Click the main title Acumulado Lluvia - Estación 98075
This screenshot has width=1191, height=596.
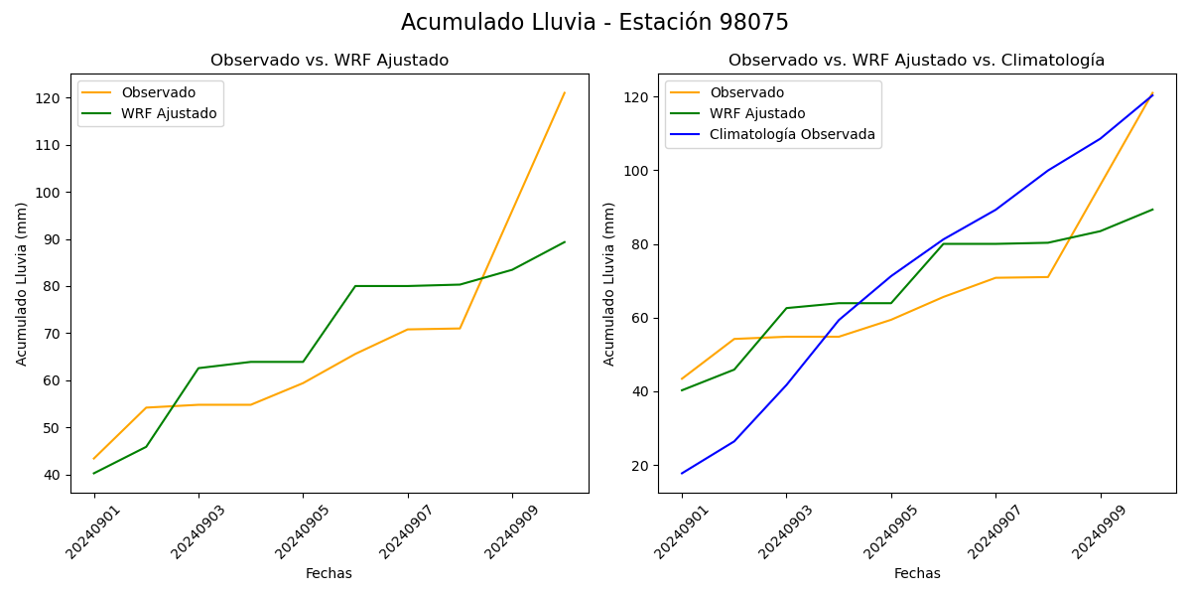(x=595, y=23)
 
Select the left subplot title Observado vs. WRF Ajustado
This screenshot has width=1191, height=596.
(x=330, y=61)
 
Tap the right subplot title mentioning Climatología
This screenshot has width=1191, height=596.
(x=916, y=61)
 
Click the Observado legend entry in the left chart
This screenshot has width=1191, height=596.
(x=158, y=93)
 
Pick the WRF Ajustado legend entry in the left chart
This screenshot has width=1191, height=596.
(x=169, y=114)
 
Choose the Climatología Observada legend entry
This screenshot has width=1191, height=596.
(x=792, y=135)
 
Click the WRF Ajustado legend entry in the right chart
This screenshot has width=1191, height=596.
(x=756, y=114)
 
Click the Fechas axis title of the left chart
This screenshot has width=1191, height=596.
(x=329, y=574)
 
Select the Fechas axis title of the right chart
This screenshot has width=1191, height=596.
(x=917, y=574)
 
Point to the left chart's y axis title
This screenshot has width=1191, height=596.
(x=22, y=284)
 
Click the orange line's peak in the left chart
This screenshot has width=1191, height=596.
(x=565, y=93)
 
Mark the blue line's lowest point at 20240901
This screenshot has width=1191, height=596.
(x=682, y=473)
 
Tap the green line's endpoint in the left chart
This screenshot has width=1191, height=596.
(x=565, y=241)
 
